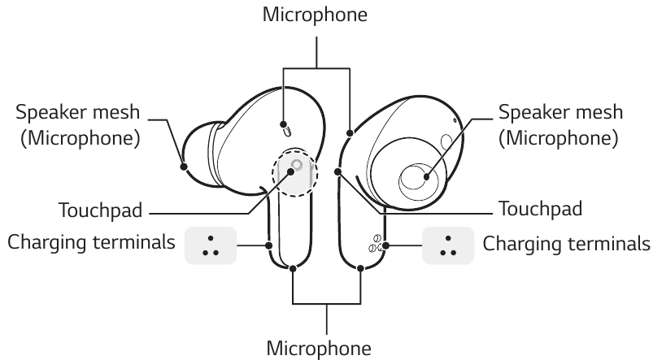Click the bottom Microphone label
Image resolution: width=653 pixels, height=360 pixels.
325,347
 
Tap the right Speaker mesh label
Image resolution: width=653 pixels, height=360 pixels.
560,112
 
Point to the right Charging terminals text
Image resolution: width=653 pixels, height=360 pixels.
567,243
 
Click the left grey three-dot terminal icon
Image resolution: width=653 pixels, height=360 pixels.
211,245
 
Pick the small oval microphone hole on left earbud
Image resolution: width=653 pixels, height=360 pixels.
285,128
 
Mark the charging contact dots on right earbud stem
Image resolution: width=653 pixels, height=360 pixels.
377,244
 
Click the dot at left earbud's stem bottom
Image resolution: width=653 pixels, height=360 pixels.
291,267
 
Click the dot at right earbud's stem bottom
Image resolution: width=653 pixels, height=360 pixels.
362,267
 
